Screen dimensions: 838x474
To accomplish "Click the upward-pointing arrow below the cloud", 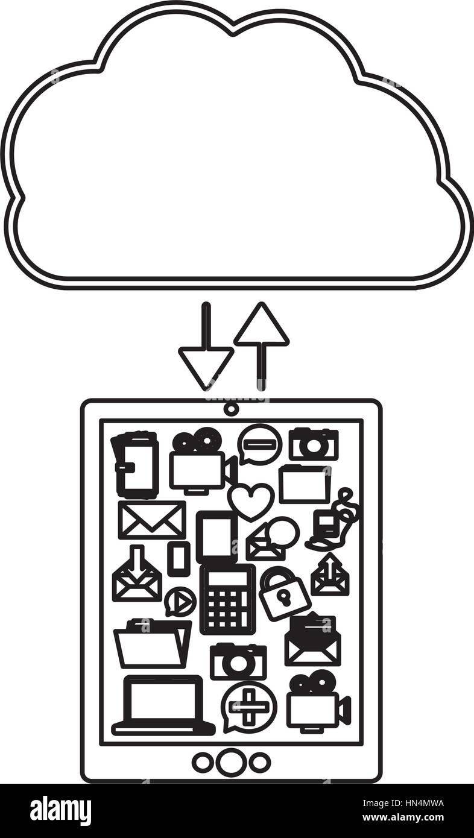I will point(261,338).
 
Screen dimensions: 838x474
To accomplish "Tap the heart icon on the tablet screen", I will point(250,500).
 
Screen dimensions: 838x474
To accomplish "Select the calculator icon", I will point(227,599).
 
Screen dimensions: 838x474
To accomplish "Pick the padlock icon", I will point(283,593).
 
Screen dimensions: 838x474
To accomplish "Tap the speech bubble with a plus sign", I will point(248,706).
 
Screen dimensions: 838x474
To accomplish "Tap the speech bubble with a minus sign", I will point(259,444).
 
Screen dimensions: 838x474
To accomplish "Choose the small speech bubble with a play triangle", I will point(179,601).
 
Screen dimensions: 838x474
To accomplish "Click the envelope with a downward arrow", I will point(137,575).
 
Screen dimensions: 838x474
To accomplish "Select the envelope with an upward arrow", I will point(329,575).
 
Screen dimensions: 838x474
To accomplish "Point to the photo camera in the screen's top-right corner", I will point(313,444).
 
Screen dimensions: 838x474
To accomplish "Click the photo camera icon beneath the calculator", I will point(238,661).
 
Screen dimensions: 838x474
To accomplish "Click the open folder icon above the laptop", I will point(152,644).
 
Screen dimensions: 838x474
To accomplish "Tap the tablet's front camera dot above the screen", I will point(230,409).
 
